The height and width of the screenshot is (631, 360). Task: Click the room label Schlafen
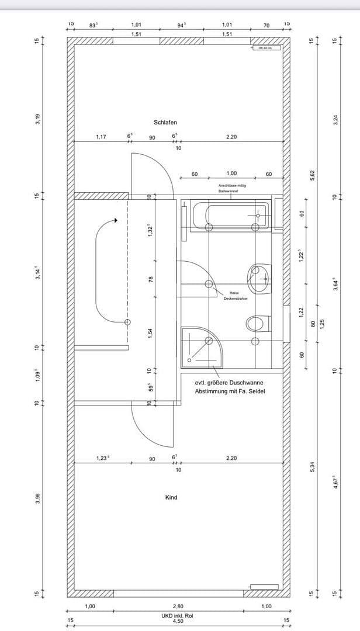pyautogui.click(x=165, y=123)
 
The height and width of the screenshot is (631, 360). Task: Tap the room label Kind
pyautogui.click(x=171, y=498)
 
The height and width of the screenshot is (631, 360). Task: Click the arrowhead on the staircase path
pyautogui.click(x=116, y=220)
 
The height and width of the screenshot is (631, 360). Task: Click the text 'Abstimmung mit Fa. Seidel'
pyautogui.click(x=230, y=391)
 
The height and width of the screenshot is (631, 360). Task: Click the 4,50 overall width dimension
pyautogui.click(x=178, y=621)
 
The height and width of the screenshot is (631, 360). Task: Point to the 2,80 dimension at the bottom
pyautogui.click(x=178, y=606)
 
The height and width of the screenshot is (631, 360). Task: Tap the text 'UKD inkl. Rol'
pyautogui.click(x=178, y=616)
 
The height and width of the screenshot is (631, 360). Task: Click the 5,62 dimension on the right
pyautogui.click(x=313, y=175)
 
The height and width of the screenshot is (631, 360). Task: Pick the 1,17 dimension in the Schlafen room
pyautogui.click(x=101, y=137)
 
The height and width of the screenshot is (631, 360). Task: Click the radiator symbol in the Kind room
pyautogui.click(x=264, y=586)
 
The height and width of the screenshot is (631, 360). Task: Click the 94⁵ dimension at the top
pyautogui.click(x=182, y=25)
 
